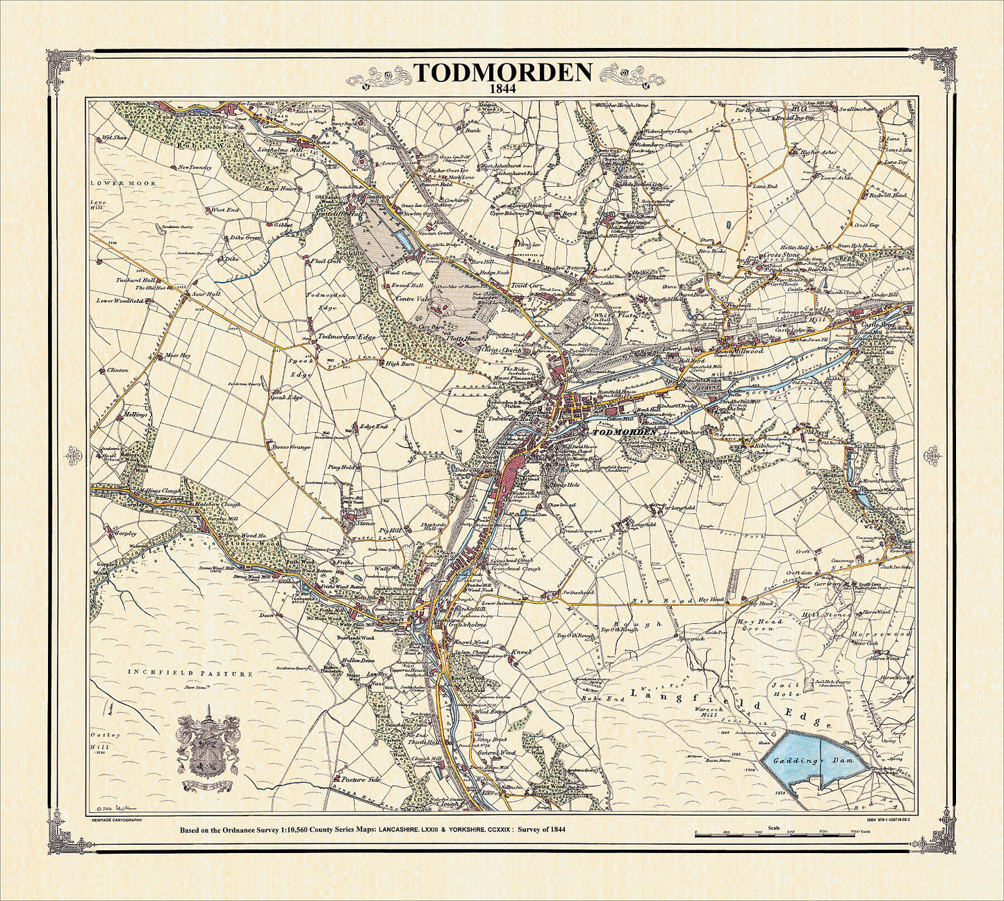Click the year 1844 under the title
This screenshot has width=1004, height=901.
coord(502,90)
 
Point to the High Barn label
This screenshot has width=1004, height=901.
coord(401,363)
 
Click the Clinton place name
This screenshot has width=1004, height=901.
coord(118,370)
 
